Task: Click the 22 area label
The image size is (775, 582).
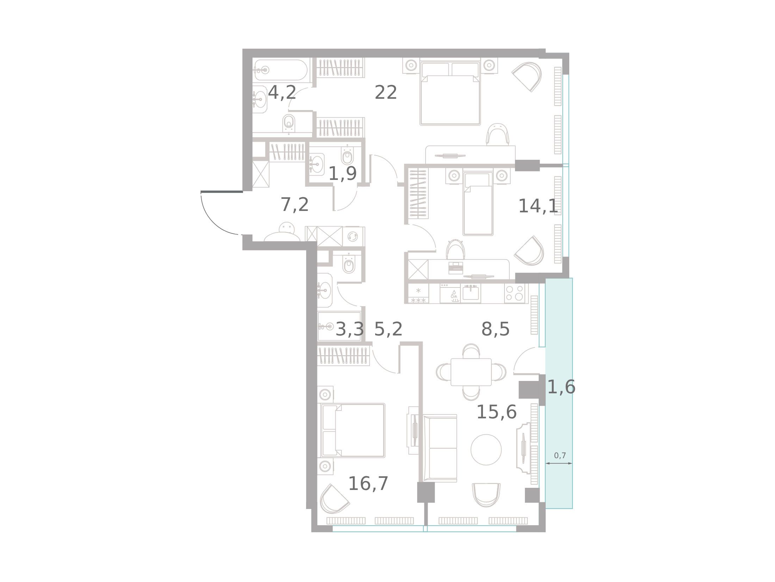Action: click(386, 93)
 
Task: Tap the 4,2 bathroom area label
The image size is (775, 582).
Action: click(282, 93)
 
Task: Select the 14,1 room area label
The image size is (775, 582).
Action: click(538, 206)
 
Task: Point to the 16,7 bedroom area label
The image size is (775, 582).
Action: click(368, 484)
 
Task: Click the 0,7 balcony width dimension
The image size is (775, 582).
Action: click(560, 455)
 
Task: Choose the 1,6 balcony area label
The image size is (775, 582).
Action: click(562, 387)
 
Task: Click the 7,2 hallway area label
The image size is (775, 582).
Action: click(295, 205)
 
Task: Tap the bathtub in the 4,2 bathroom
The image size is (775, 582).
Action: click(282, 70)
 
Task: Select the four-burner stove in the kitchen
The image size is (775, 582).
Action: click(515, 293)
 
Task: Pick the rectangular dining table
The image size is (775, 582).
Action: click(471, 372)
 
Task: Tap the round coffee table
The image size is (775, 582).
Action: click(486, 450)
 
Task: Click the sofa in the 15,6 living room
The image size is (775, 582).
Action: click(440, 448)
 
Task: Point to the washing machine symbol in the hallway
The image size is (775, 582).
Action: click(353, 236)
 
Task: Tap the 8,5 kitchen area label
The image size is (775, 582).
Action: click(495, 329)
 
